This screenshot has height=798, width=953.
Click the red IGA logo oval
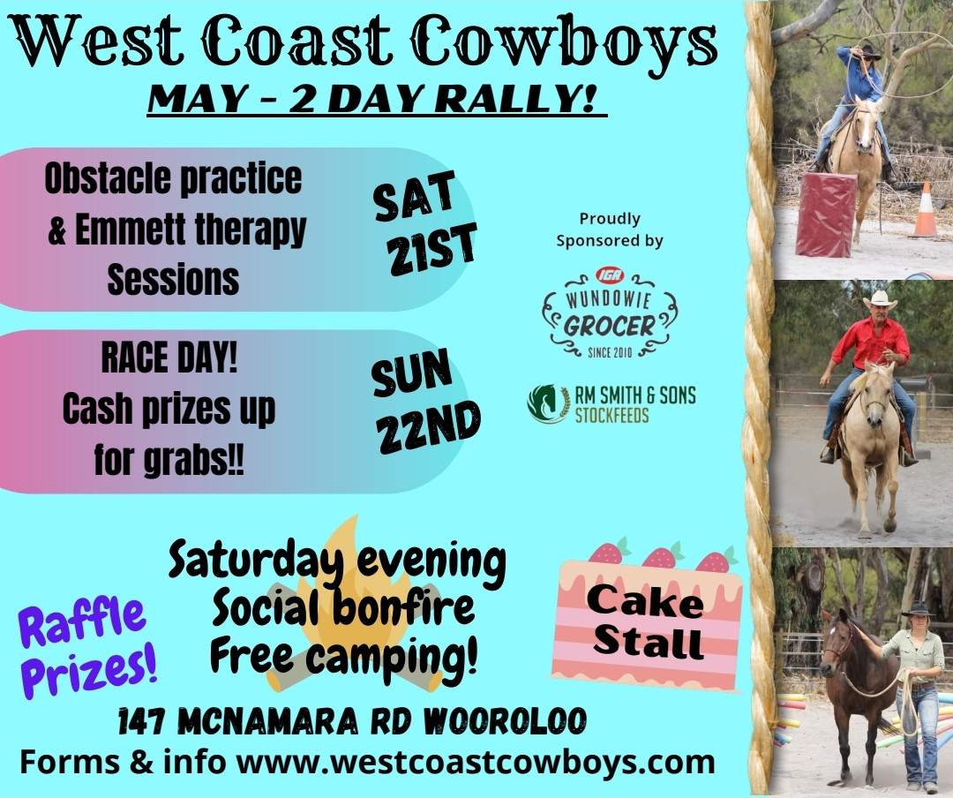click(610, 275)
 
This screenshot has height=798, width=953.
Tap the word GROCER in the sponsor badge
click(610, 327)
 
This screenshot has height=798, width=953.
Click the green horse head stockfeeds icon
click(548, 404)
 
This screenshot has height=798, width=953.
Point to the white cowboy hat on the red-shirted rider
click(879, 299)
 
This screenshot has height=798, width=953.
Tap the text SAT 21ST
click(424, 224)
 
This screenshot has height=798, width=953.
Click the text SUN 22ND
click(425, 402)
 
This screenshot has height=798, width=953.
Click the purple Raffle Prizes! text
click(86, 648)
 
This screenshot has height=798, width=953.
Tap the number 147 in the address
click(141, 722)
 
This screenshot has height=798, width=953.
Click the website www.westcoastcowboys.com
click(476, 763)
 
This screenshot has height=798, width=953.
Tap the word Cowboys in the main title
click(565, 41)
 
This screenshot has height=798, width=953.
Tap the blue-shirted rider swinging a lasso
click(859, 91)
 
